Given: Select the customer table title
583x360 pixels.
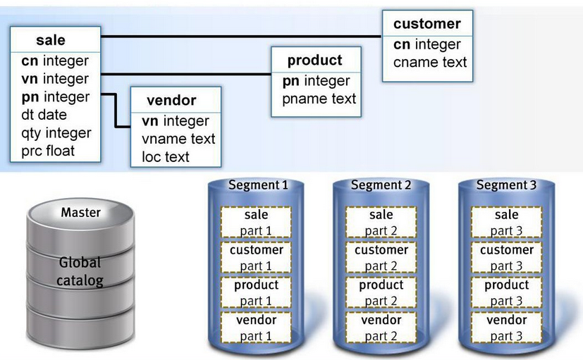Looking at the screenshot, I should click(426, 24).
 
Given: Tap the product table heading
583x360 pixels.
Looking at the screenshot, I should click(315, 61).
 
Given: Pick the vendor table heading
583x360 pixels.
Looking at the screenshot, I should click(171, 100).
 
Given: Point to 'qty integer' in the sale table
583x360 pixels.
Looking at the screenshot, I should click(56, 133).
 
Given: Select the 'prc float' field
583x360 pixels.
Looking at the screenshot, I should click(48, 151).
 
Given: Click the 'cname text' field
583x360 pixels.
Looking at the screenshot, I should click(430, 62).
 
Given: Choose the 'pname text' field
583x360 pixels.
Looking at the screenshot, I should click(319, 99).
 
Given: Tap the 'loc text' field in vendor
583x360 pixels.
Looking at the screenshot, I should click(166, 156).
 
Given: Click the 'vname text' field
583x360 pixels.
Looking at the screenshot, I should click(178, 139).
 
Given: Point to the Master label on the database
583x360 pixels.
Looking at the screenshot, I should click(80, 212).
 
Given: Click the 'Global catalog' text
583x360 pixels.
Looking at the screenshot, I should click(80, 272).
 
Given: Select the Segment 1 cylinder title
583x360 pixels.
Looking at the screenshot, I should click(257, 186).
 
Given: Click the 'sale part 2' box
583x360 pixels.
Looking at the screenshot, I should click(381, 223).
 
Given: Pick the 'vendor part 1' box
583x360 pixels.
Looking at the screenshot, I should click(256, 328).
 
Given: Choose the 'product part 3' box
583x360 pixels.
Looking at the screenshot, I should click(507, 293).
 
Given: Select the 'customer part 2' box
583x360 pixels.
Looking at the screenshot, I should click(381, 258).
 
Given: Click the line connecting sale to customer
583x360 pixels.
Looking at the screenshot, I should click(240, 35).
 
